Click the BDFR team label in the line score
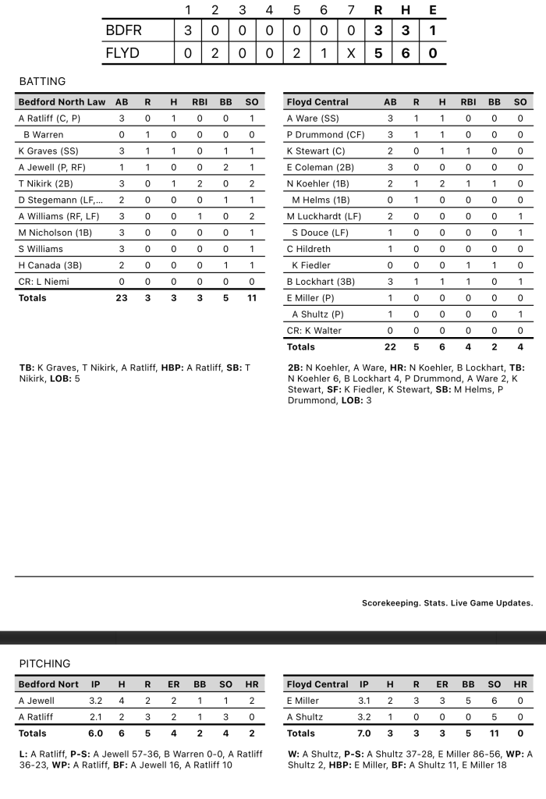123,30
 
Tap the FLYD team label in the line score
123,53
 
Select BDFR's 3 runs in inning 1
187,30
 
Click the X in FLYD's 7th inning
351,53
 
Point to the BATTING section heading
42,81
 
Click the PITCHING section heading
44,663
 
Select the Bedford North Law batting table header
62,102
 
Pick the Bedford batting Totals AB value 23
122,298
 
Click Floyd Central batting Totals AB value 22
390,346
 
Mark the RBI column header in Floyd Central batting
468,102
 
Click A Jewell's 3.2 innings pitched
95,701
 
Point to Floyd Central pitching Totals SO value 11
494,733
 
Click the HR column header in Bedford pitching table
252,684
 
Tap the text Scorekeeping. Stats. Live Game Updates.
447,602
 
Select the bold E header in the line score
432,10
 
